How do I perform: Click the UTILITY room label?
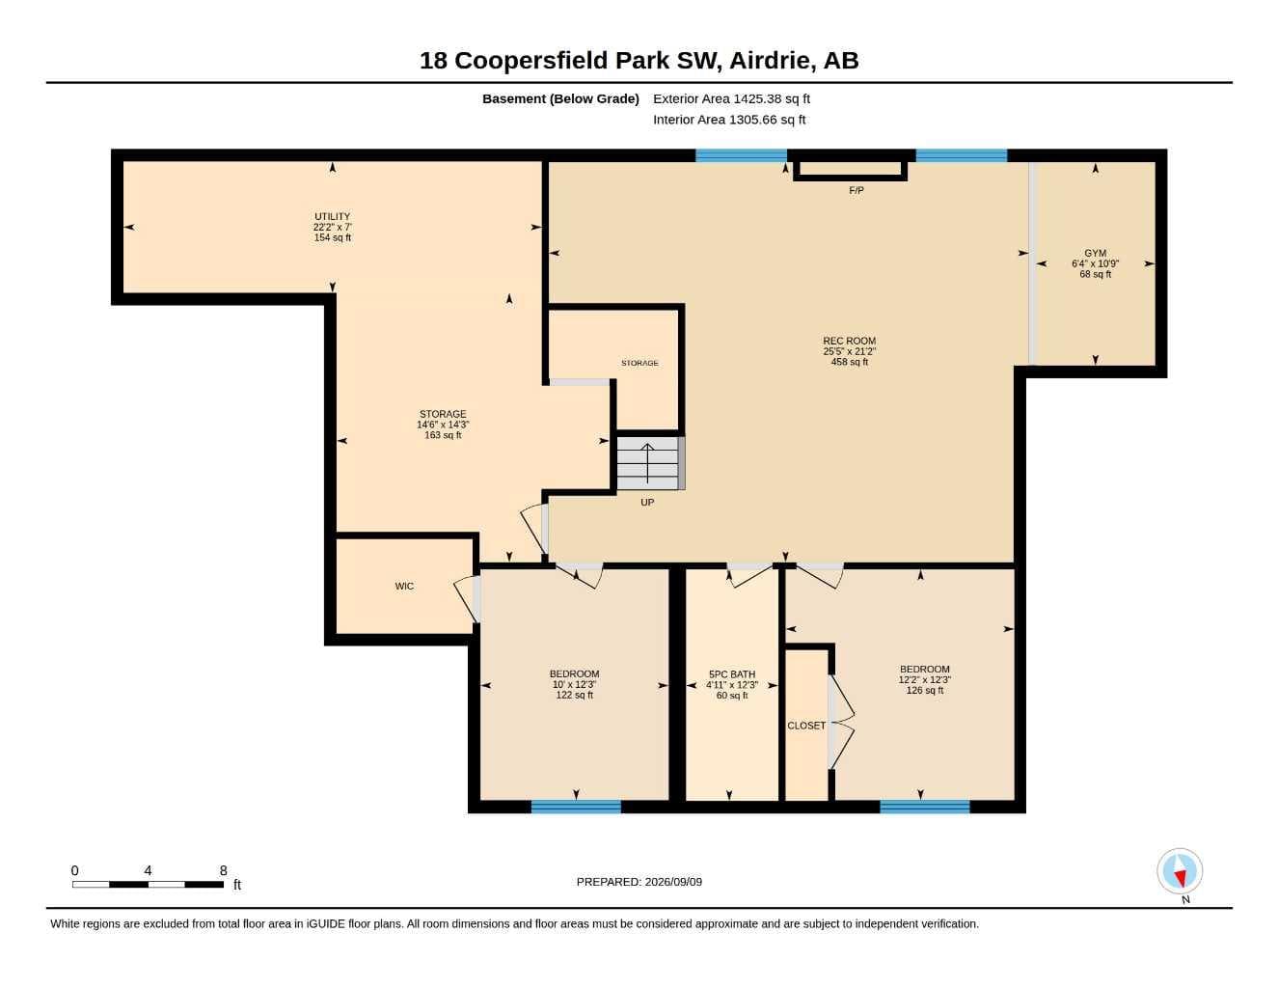click(x=332, y=216)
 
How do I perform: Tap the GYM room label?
click(x=1095, y=254)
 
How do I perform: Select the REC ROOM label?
click(x=849, y=341)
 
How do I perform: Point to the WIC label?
click(x=404, y=587)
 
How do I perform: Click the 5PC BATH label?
click(x=732, y=674)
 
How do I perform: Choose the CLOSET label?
click(x=806, y=726)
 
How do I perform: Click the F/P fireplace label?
click(x=857, y=190)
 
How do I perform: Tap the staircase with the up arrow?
click(x=650, y=463)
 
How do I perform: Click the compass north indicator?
click(x=1180, y=871)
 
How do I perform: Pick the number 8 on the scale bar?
click(x=224, y=870)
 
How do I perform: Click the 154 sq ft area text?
click(x=333, y=237)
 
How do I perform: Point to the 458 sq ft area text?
click(x=849, y=362)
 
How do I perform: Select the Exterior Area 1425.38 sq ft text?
click(x=731, y=98)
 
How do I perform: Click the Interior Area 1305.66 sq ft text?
click(x=728, y=120)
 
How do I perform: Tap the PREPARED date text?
click(x=639, y=882)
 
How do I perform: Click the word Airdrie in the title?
click(x=772, y=61)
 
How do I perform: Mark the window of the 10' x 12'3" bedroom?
click(x=576, y=806)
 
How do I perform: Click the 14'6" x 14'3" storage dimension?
click(x=443, y=425)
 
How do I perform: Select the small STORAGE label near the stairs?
click(x=639, y=363)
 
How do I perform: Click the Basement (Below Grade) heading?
click(x=560, y=98)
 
